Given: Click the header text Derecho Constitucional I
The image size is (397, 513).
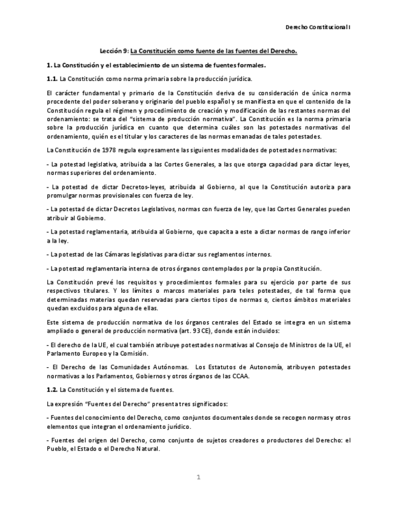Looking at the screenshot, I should pyautogui.click(x=318, y=28).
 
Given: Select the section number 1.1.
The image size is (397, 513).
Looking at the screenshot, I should pyautogui.click(x=52, y=79).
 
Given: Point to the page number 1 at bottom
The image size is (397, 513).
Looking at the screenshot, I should pyautogui.click(x=198, y=477).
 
